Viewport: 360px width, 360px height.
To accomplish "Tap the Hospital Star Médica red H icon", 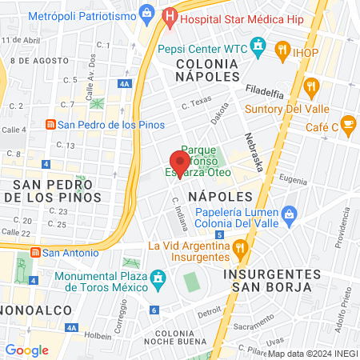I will click(x=170, y=14).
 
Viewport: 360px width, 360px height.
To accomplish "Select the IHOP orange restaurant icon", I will click(x=282, y=52).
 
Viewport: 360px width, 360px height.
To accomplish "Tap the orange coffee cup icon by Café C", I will click(x=347, y=124).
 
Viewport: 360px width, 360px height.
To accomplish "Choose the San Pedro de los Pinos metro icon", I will click(x=50, y=125).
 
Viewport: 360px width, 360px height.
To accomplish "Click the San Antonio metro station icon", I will click(x=34, y=252).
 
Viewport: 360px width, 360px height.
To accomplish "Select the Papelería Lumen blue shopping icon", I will click(x=289, y=214).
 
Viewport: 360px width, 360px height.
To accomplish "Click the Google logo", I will click(x=26, y=350).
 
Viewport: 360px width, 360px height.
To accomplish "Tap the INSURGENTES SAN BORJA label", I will click(x=272, y=281).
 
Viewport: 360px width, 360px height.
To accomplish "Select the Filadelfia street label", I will click(x=265, y=91).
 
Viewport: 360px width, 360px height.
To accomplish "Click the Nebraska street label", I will click(x=254, y=151).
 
